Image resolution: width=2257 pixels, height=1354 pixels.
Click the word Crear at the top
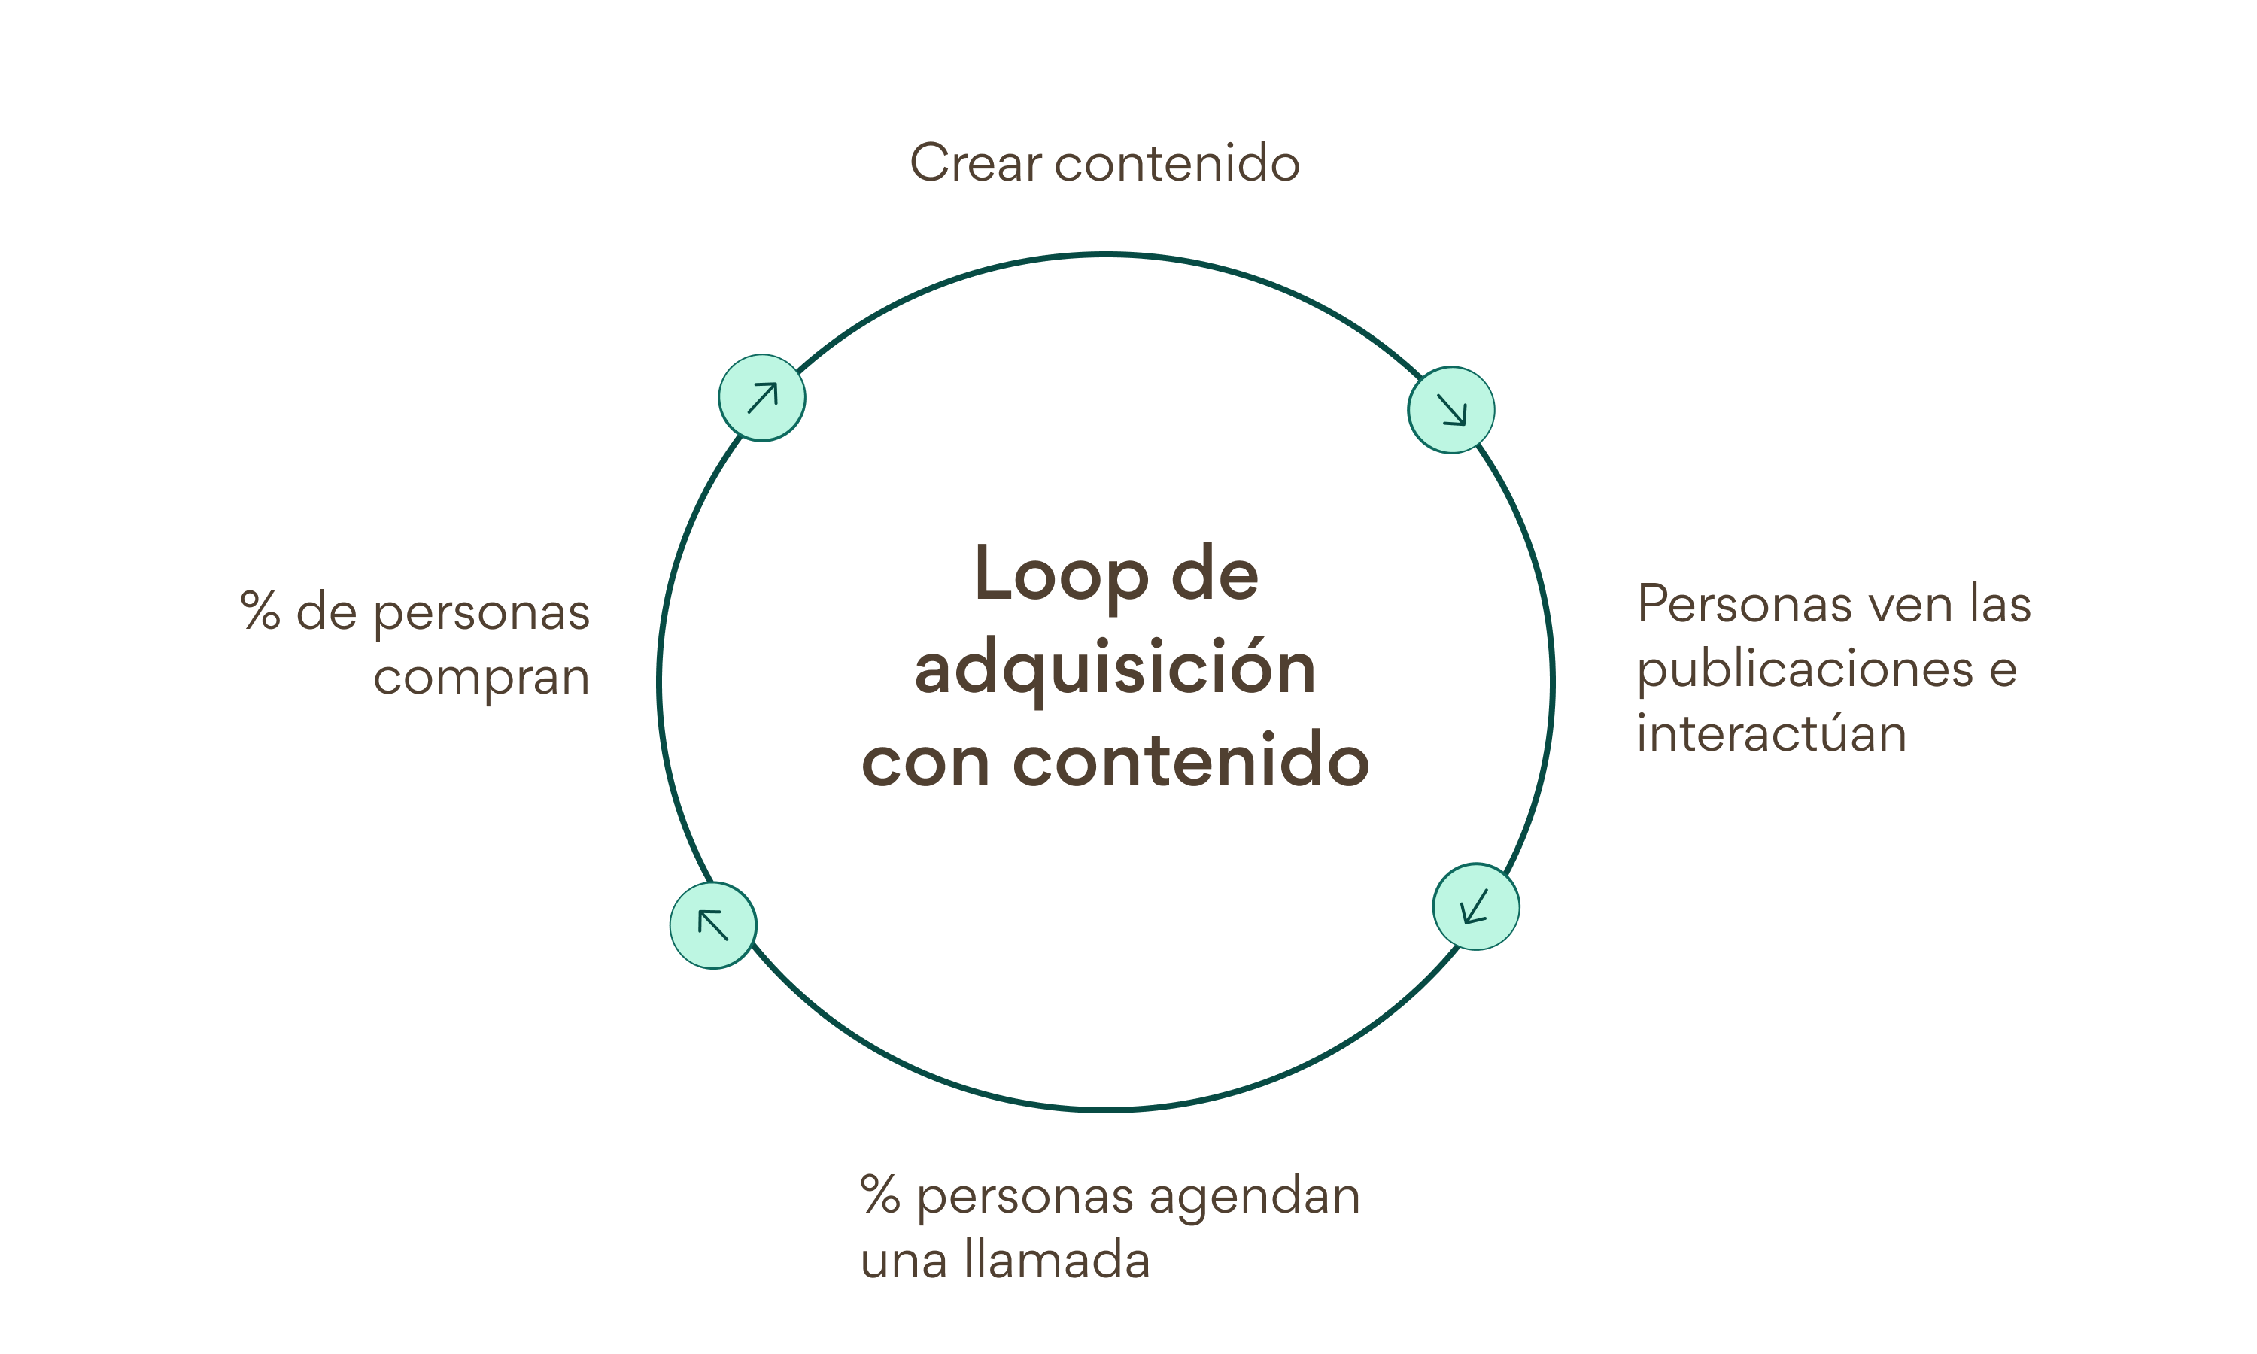point(975,163)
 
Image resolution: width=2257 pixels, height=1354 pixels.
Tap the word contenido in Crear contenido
point(1177,163)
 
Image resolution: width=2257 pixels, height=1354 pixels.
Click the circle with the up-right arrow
point(762,398)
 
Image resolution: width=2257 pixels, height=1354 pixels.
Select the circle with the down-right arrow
point(1450,410)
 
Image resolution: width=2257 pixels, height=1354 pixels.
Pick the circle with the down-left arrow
point(1475,907)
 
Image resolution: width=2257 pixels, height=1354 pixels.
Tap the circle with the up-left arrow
point(712,925)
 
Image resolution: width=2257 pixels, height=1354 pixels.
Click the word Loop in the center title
point(1060,574)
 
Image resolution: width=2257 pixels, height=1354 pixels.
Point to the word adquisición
point(1115,669)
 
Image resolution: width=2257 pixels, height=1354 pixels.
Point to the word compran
point(481,678)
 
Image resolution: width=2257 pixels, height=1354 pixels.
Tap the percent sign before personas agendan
point(880,1195)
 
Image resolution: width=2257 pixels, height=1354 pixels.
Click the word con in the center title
point(925,761)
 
